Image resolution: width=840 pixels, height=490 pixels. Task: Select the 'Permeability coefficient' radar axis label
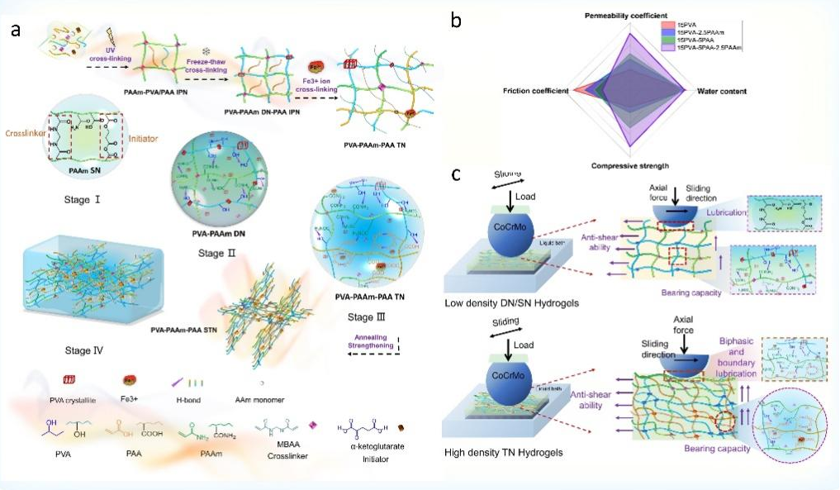pyautogui.click(x=629, y=16)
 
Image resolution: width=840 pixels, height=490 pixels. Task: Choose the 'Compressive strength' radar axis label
pyautogui.click(x=630, y=166)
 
